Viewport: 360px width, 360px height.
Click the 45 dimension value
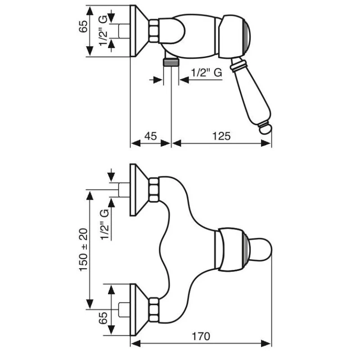point(151,135)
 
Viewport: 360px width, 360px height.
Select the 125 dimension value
point(221,135)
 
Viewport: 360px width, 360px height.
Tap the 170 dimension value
point(201,336)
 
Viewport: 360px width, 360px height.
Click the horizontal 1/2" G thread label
point(207,73)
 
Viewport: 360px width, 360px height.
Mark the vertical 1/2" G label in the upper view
point(103,31)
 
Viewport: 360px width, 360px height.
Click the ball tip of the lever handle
point(265,130)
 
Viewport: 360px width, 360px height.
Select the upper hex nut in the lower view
point(154,189)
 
